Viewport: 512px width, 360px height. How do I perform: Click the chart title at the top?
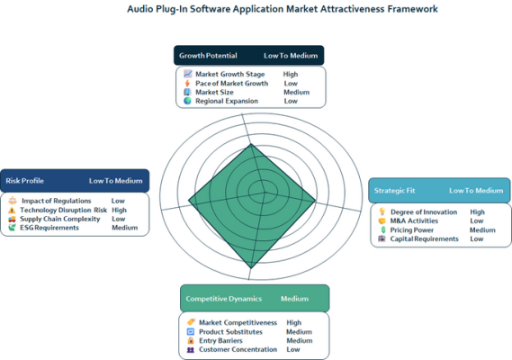[x=283, y=9]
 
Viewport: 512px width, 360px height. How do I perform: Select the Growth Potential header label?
[x=208, y=56]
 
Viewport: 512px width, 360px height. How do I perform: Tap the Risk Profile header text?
[x=25, y=181]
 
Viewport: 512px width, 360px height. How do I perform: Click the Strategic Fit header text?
[x=394, y=191]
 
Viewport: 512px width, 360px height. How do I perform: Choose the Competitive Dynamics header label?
[x=224, y=299]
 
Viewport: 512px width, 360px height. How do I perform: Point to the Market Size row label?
[x=214, y=92]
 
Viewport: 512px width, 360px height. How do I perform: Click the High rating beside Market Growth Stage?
[x=291, y=74]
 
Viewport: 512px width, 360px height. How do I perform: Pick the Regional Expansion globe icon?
[x=187, y=101]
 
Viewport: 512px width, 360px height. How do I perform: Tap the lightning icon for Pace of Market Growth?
[x=187, y=84]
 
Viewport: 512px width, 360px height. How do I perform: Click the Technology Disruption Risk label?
[x=63, y=210]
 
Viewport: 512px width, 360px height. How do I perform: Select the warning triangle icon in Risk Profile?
[x=12, y=210]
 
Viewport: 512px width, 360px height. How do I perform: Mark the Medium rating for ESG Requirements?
[x=125, y=228]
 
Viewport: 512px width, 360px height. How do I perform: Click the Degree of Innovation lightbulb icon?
[x=382, y=211]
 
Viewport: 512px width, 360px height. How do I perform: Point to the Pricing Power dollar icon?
[x=383, y=230]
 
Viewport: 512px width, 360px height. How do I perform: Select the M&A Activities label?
[x=414, y=220]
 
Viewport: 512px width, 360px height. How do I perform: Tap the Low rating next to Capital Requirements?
[x=476, y=238]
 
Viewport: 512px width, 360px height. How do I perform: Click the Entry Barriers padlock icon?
[x=191, y=340]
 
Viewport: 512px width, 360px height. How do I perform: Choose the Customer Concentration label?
[x=238, y=349]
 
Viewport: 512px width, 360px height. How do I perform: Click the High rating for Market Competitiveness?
[x=294, y=322]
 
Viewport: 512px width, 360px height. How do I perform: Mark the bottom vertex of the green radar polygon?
[x=251, y=268]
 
